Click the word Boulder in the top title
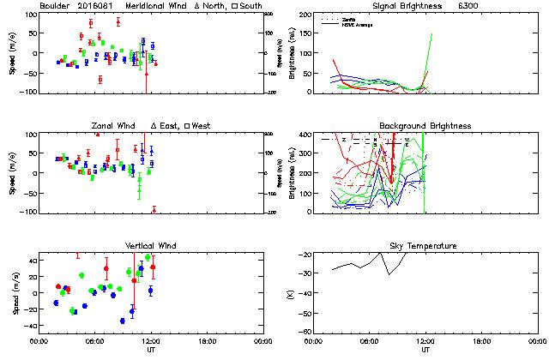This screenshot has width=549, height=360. click(x=56, y=5)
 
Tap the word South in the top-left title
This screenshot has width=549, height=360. click(x=250, y=5)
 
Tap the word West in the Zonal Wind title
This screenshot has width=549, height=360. click(x=202, y=126)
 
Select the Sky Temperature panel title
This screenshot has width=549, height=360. click(x=424, y=246)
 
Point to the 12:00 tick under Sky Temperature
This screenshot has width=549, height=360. click(x=425, y=340)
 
